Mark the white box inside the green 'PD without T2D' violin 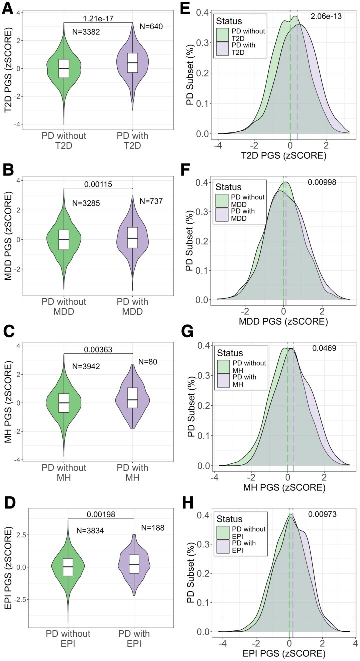click(x=64, y=68)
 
